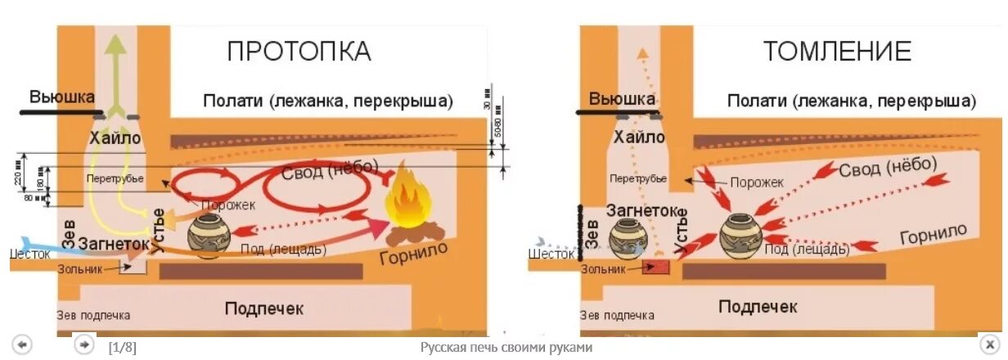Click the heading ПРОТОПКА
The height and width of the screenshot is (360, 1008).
(299, 52)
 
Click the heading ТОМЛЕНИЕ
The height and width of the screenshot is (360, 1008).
(837, 52)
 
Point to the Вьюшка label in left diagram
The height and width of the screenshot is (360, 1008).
(62, 97)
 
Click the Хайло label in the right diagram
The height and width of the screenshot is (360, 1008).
(639, 137)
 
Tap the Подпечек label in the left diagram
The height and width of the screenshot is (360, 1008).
(264, 308)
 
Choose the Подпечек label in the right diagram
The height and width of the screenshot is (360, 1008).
(758, 307)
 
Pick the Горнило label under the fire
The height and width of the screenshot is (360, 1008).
(414, 255)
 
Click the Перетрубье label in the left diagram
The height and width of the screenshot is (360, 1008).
(114, 178)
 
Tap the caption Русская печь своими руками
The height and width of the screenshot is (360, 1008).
(506, 348)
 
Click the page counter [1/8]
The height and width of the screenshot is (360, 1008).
(123, 348)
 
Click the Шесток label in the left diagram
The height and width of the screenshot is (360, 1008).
(29, 254)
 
